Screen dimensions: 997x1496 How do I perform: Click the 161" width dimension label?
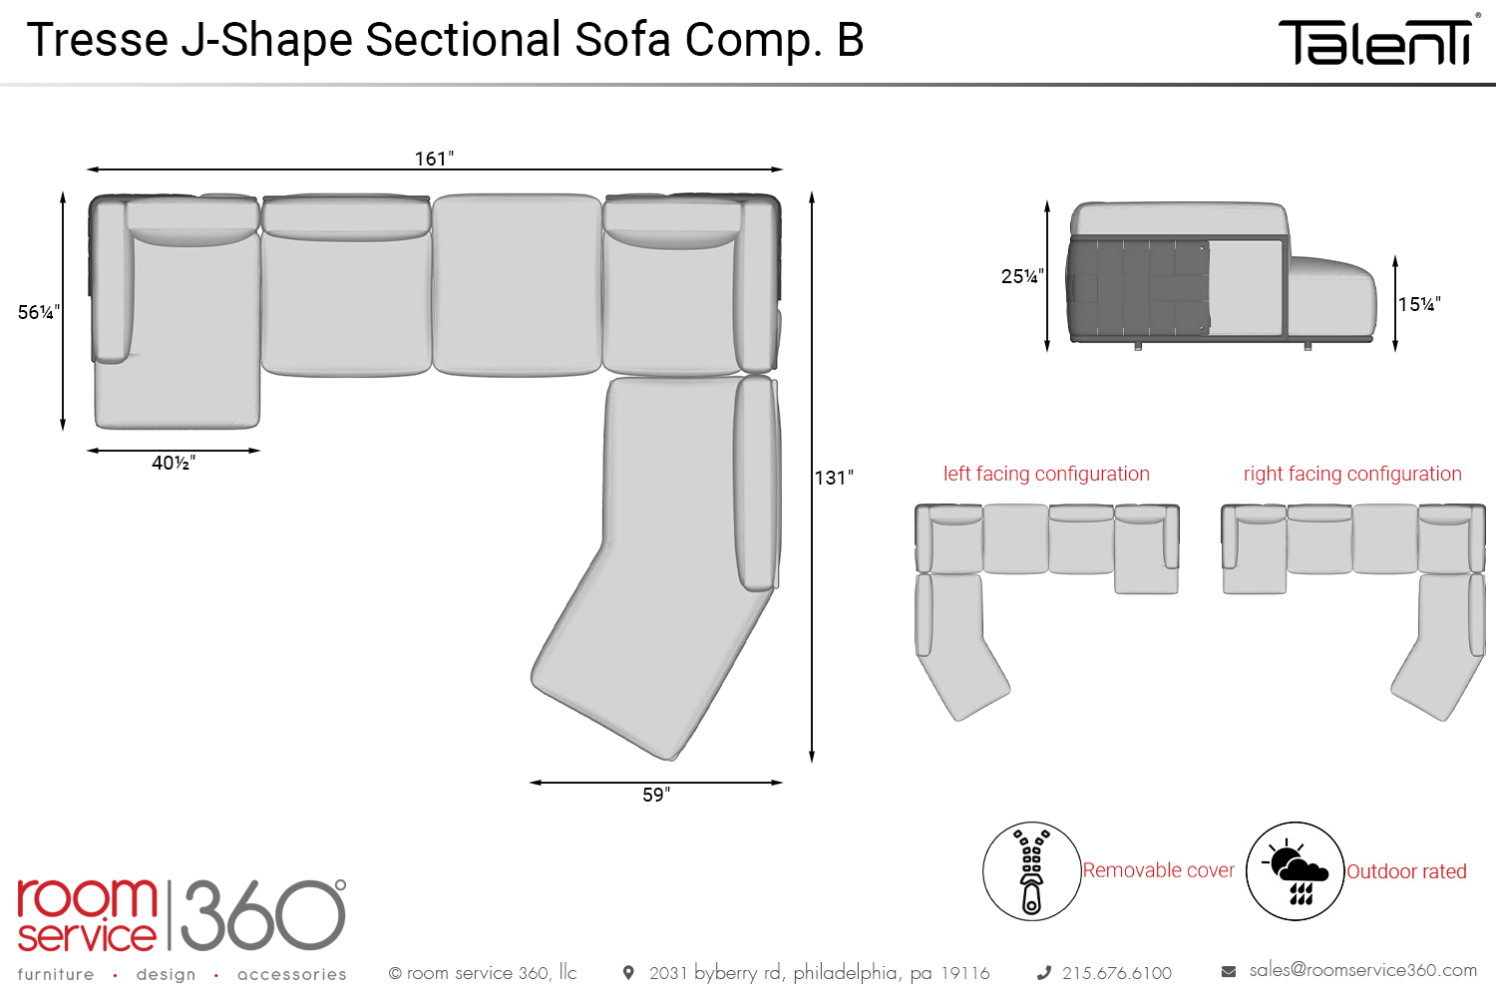(434, 159)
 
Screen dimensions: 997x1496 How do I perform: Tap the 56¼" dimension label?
(39, 312)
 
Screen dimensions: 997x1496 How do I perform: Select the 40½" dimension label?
(174, 463)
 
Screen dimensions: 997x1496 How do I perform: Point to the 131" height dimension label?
(834, 478)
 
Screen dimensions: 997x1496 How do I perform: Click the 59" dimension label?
(656, 795)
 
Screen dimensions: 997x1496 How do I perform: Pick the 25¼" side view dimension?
(1022, 276)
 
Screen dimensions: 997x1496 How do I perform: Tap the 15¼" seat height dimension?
(1419, 304)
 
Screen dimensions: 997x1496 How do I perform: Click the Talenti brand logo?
(1377, 42)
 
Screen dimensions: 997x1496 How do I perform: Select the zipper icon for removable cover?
(1031, 871)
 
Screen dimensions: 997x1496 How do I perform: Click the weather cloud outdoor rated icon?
(1296, 871)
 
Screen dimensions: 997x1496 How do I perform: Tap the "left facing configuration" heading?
(1046, 474)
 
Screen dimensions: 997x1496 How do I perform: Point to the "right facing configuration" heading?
(1352, 474)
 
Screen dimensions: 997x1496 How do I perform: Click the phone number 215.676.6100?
(1116, 973)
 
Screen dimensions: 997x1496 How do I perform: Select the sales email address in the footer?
(1362, 970)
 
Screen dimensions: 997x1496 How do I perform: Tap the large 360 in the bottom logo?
(263, 914)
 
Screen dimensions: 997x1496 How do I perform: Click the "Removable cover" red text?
(1159, 870)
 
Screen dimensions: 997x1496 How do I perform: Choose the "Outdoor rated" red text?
(1406, 871)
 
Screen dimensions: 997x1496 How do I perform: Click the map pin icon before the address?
(628, 972)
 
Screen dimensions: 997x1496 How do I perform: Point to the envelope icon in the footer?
(1229, 971)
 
